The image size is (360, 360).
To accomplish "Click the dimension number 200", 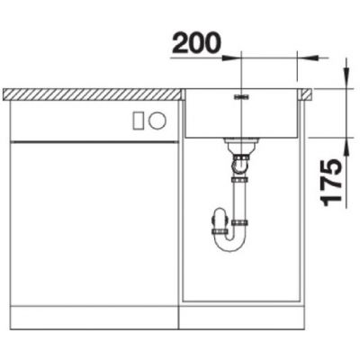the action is coord(196,43).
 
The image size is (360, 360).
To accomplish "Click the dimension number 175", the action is coord(331,183).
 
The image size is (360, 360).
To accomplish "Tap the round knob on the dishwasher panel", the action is coord(157,121).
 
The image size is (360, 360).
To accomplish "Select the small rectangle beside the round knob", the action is coord(139,121).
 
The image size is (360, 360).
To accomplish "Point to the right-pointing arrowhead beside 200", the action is coord(231,58).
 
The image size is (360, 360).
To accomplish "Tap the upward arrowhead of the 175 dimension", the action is coord(346,147).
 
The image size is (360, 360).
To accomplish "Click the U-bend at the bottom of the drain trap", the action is coord(230,244).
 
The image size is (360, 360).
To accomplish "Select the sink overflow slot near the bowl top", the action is coord(241,97).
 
